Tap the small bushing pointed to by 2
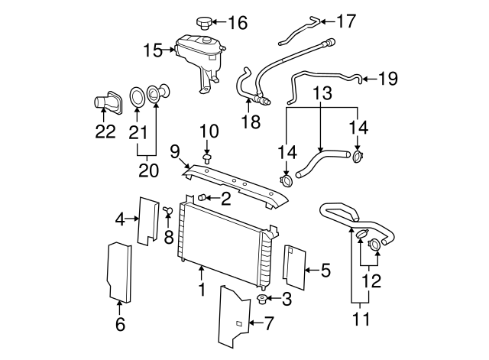point(202,199)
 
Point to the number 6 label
point(119,324)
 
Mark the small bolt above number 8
point(167,209)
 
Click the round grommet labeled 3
point(262,298)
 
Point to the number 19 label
point(389,77)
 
